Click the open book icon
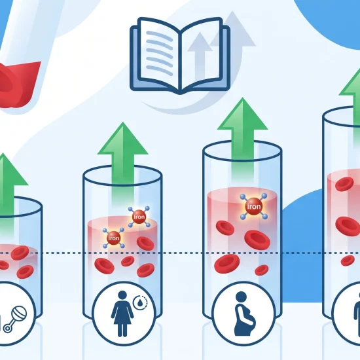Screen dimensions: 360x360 point(180,55)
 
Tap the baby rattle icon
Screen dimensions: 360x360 point(15,319)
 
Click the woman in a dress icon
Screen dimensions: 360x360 point(122,314)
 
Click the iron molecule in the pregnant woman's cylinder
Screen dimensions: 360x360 point(254,206)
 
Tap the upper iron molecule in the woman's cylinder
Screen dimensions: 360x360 point(139,217)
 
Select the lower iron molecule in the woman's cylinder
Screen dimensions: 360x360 point(114,238)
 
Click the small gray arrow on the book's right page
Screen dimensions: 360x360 point(200,56)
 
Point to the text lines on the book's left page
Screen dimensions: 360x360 point(159,53)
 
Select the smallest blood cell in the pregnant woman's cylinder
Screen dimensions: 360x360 point(262,270)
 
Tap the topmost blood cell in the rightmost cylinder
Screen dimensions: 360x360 point(344,184)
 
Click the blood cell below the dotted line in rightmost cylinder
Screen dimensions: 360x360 point(348,261)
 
